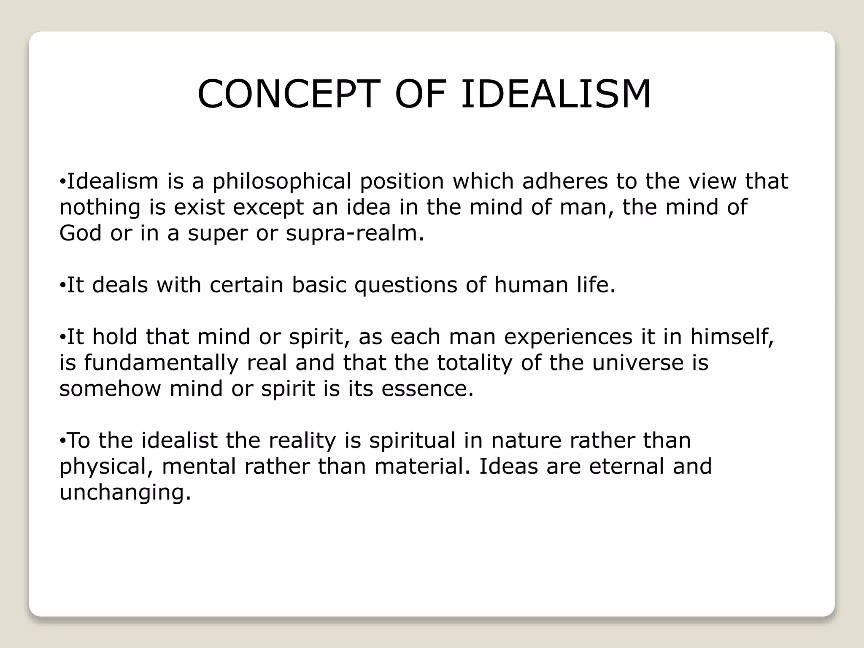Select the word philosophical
click(x=281, y=181)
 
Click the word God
click(x=80, y=233)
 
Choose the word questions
click(x=405, y=286)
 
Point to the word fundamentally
click(x=161, y=363)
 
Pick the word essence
click(x=427, y=389)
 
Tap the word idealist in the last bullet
click(x=179, y=440)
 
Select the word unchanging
click(x=125, y=493)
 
